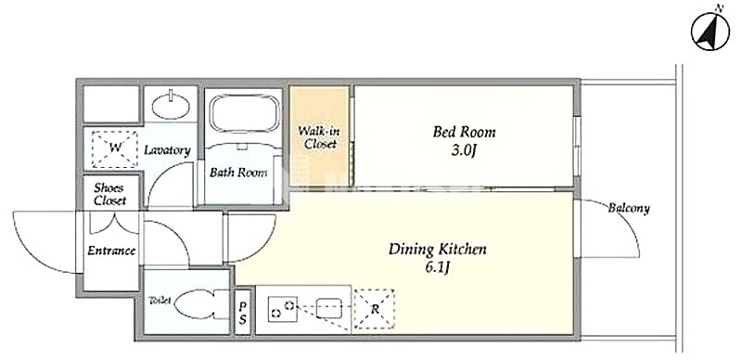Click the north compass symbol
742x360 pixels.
click(x=710, y=32)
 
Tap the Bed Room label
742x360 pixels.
click(x=464, y=132)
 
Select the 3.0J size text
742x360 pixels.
click(x=464, y=151)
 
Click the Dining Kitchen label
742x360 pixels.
click(x=437, y=250)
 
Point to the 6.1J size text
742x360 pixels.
click(x=437, y=268)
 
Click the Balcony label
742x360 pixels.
click(x=629, y=208)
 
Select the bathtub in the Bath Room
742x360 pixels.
click(x=244, y=115)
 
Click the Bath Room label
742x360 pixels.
click(x=238, y=173)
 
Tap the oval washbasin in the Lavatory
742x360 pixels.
click(x=172, y=105)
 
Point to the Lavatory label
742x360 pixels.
click(x=167, y=150)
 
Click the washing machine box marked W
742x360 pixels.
click(x=115, y=148)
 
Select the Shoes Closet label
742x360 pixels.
click(x=109, y=194)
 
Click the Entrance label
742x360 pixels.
click(x=111, y=251)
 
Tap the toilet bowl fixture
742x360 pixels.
click(x=201, y=304)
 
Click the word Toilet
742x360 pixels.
click(x=160, y=301)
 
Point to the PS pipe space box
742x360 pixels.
click(x=242, y=312)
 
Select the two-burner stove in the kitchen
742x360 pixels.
click(x=283, y=309)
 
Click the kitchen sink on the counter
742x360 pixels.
click(x=329, y=308)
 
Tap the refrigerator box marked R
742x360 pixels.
click(x=375, y=309)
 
